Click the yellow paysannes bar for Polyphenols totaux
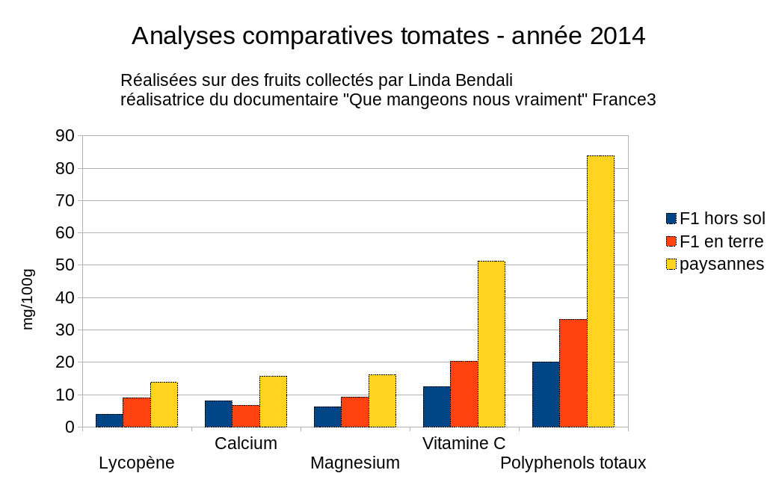tap(600, 291)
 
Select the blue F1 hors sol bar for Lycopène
tap(109, 421)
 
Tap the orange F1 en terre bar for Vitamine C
tap(464, 394)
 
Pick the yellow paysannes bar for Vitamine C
tap(491, 344)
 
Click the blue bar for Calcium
tap(218, 414)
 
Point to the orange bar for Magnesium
tap(354, 412)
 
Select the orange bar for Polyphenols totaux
tap(573, 373)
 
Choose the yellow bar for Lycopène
tap(164, 404)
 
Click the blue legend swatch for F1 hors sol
tap(671, 219)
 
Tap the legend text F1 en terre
tap(721, 241)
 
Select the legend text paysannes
tap(721, 264)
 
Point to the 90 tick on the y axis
tap(65, 136)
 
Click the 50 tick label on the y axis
tap(65, 265)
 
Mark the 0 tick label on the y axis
tap(70, 427)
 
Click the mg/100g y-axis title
tap(28, 298)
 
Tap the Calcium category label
tap(246, 443)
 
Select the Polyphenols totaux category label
tap(573, 463)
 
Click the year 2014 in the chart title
tap(617, 35)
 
